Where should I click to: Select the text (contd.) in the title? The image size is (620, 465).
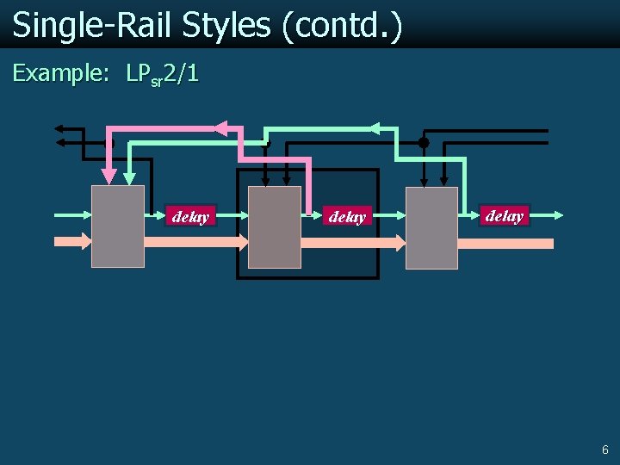pyautogui.click(x=341, y=26)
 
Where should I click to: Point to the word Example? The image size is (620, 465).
pyautogui.click(x=60, y=74)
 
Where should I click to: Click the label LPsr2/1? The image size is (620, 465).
pyautogui.click(x=163, y=75)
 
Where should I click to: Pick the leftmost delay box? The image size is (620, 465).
pyautogui.click(x=190, y=216)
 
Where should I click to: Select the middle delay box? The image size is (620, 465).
pyautogui.click(x=347, y=217)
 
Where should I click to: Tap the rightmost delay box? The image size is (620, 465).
pyautogui.click(x=505, y=215)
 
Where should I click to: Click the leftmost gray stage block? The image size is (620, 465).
pyautogui.click(x=118, y=226)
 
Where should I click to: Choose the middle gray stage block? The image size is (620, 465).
pyautogui.click(x=275, y=226)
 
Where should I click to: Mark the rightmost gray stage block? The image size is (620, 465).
pyautogui.click(x=431, y=226)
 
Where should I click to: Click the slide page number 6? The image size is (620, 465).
pyautogui.click(x=604, y=449)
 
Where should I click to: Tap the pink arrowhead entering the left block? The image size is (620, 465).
pyautogui.click(x=108, y=177)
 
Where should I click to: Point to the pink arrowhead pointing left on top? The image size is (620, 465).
pyautogui.click(x=220, y=128)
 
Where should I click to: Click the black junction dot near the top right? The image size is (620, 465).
pyautogui.click(x=423, y=142)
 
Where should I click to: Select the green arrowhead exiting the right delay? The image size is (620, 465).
pyautogui.click(x=560, y=214)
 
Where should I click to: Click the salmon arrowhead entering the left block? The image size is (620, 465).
pyautogui.click(x=85, y=241)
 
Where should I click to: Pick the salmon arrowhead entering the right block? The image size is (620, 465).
pyautogui.click(x=400, y=244)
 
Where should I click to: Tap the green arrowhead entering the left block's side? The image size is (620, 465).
pyautogui.click(x=86, y=214)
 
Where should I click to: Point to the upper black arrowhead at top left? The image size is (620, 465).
pyautogui.click(x=59, y=129)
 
